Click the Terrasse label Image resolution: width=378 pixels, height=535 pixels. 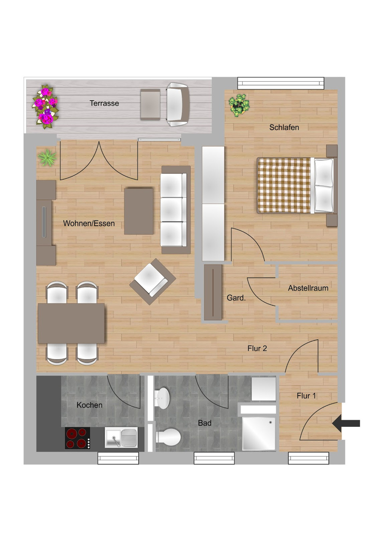pos(104,103)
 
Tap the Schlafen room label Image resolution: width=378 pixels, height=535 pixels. pos(284,127)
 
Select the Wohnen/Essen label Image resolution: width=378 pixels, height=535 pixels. pos(89,223)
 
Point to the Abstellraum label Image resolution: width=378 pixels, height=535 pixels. pos(308,288)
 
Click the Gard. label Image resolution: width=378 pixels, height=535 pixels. pos(236,298)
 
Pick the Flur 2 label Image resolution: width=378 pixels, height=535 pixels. pos(257,348)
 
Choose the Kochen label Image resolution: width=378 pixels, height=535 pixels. pos(89,405)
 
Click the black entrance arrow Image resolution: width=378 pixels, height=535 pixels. pos(346,423)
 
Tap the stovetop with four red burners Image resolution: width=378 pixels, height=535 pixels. pos(77,438)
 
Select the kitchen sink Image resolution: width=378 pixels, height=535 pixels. pos(121,438)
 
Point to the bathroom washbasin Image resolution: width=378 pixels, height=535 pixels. pos(163,398)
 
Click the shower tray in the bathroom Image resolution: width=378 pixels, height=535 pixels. pos(259,433)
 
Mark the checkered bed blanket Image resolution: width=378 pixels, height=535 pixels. pos(283,185)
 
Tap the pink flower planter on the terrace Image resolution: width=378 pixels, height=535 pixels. pos(46,106)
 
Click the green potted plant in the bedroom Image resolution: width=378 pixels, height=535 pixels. pos(239,105)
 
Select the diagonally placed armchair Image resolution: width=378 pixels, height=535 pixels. pos(152,281)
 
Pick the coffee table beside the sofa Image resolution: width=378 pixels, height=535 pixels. pos(139,211)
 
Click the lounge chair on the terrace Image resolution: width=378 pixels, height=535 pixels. pos(177,104)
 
